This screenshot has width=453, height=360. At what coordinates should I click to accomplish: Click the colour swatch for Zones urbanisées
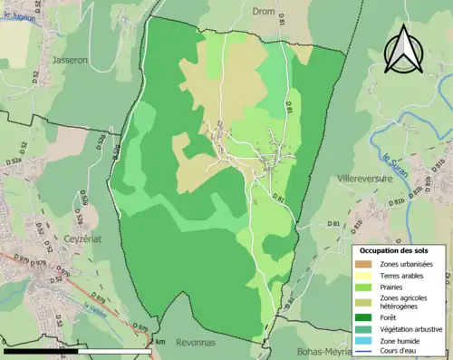coord(366,264)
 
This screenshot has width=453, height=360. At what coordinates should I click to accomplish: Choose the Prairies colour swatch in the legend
coord(366,286)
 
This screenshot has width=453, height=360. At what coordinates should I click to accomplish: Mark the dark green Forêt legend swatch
coord(366,318)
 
